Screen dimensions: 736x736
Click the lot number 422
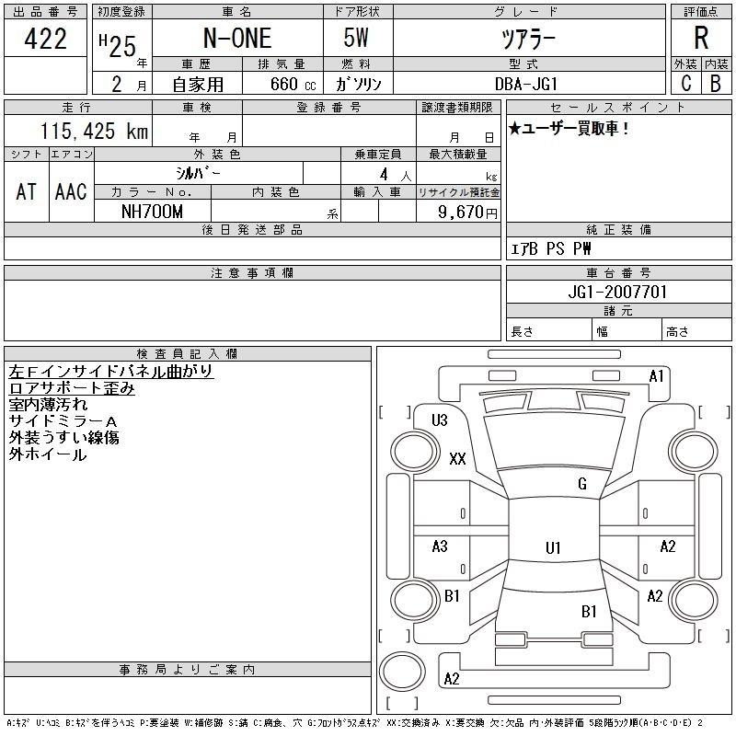45,39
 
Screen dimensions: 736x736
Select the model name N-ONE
237,39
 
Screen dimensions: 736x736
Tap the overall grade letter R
701,38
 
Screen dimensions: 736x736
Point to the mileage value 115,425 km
94,131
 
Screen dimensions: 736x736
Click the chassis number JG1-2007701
617,292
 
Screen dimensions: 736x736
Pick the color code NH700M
152,212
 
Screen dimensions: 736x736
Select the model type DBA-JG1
526,84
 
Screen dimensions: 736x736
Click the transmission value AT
27,191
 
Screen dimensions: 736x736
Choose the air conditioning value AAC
71,191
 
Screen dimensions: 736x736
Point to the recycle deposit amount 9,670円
467,213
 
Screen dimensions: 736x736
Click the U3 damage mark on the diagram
440,420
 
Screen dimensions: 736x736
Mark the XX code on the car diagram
457,458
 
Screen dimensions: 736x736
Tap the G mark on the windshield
582,484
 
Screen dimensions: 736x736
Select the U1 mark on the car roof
553,547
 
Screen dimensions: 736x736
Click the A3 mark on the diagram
440,546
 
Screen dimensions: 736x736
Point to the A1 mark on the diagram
656,376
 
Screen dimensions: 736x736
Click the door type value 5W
356,38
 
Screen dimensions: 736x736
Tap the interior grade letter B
716,84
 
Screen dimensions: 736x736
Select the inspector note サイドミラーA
63,421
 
